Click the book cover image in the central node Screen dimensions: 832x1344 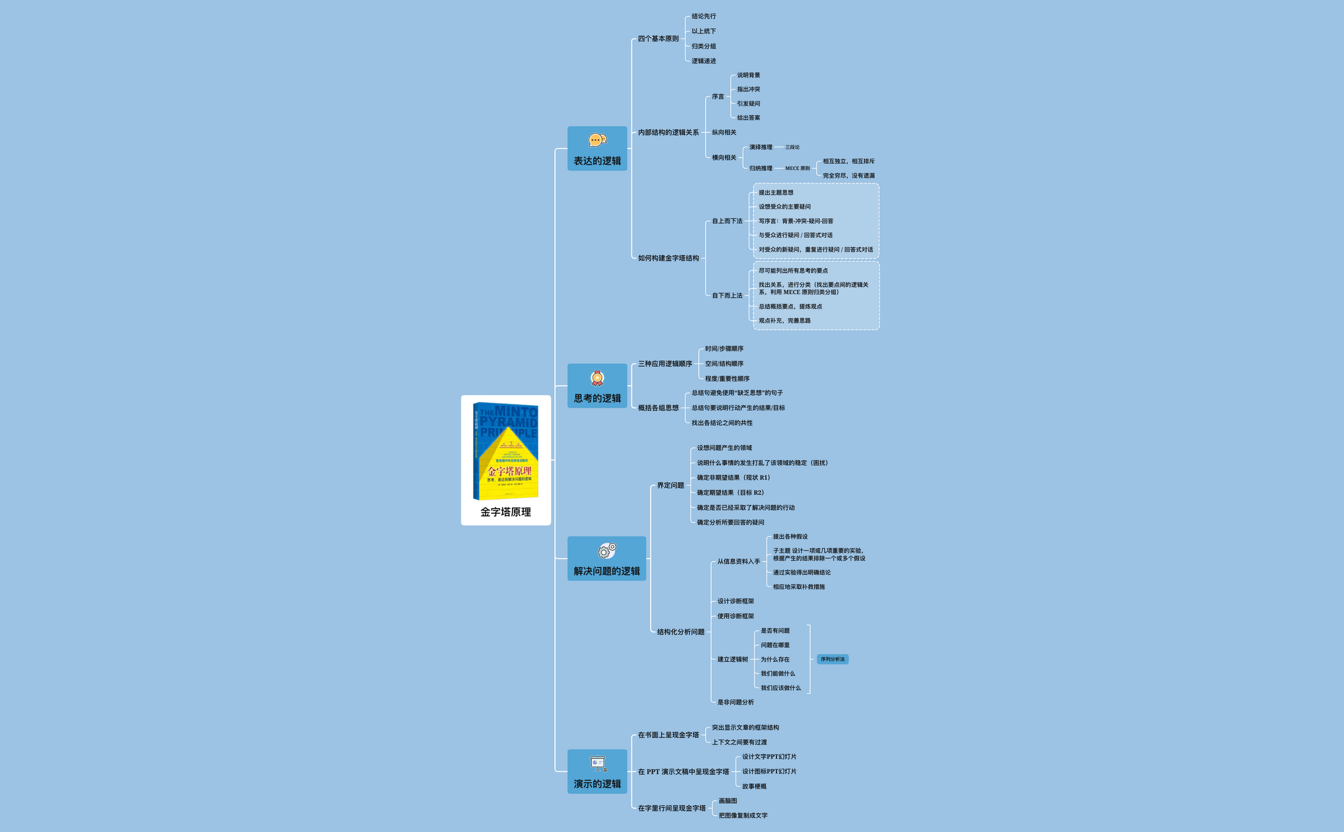506,451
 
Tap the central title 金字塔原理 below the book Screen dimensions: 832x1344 506,512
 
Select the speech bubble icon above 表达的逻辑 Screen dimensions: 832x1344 597,140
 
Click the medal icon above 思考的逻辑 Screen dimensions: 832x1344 597,378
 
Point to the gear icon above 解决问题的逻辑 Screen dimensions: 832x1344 607,550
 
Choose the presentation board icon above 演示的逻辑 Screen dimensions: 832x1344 598,764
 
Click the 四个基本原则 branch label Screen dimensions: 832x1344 658,39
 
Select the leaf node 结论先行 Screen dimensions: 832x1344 703,17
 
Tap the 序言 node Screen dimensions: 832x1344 718,97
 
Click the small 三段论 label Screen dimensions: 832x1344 792,147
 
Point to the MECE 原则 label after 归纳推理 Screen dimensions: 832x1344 797,168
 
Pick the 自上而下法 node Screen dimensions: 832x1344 727,221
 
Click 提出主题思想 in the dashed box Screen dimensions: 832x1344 776,193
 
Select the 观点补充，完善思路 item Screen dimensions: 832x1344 785,321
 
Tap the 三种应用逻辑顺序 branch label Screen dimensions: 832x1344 665,364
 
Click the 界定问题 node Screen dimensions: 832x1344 670,486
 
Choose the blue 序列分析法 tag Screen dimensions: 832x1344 833,659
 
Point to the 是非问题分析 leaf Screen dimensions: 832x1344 735,703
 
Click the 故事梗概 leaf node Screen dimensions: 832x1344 754,787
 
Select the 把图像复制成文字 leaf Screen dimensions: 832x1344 743,816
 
